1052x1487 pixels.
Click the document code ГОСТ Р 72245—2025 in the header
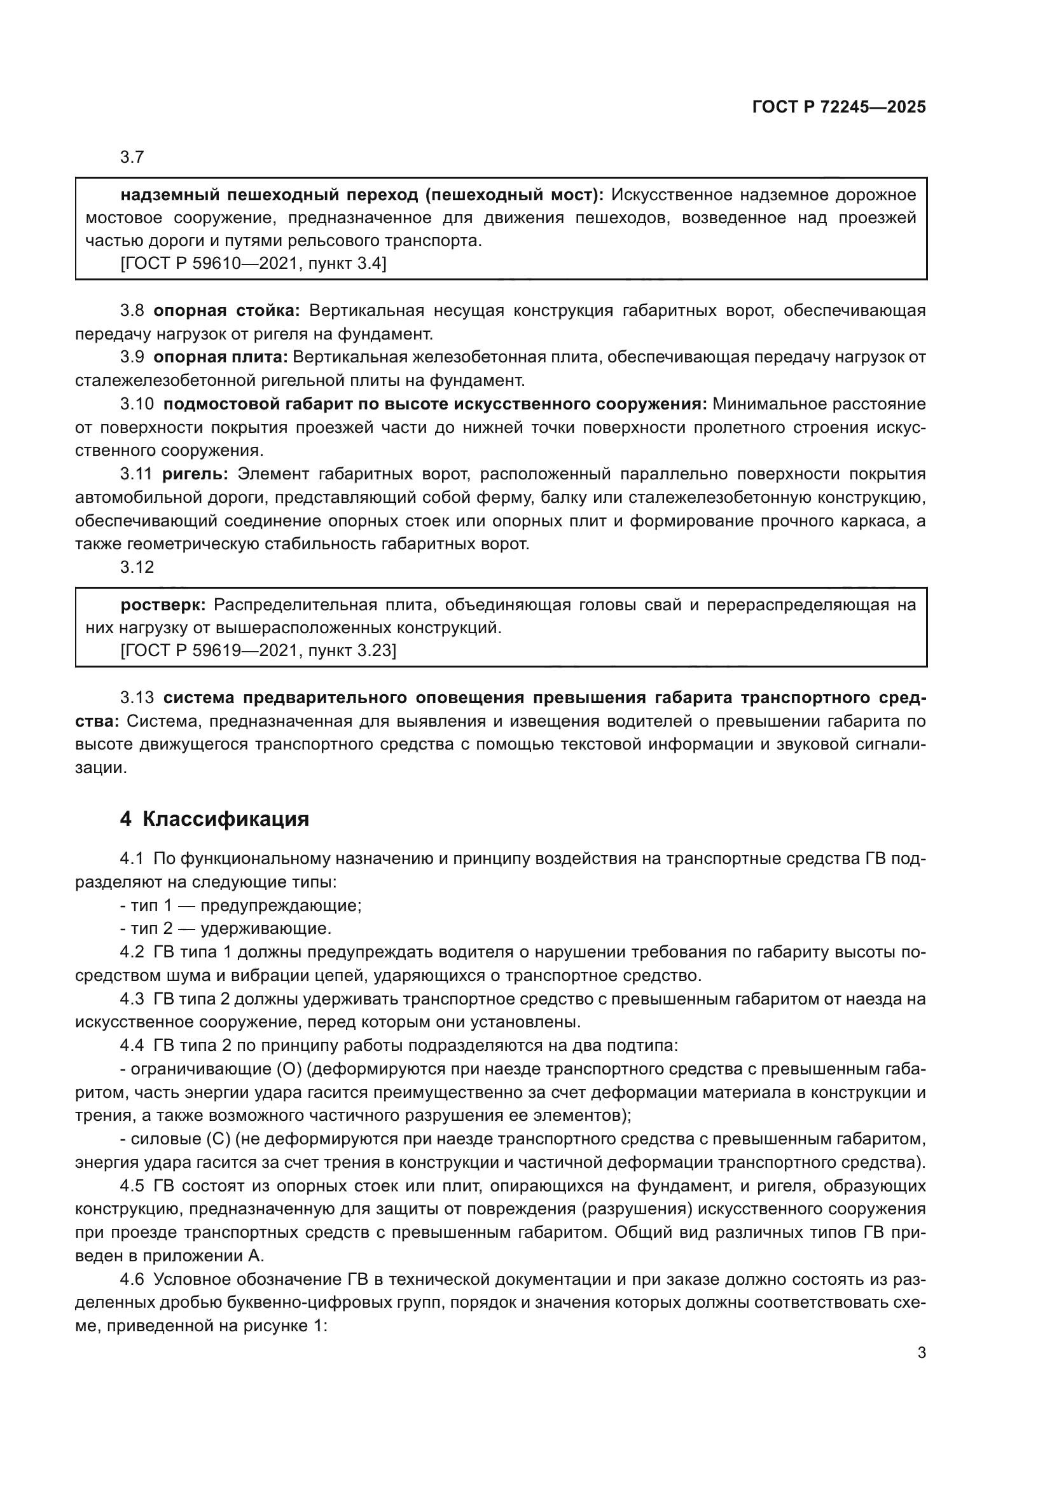[x=839, y=107]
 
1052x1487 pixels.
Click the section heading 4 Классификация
[x=214, y=819]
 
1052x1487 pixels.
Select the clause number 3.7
[x=132, y=158]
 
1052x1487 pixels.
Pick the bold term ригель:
[x=195, y=474]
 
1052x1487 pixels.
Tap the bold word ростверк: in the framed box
[x=163, y=605]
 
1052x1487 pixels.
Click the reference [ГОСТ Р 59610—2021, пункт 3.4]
[x=253, y=264]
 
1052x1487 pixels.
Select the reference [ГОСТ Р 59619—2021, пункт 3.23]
[x=258, y=650]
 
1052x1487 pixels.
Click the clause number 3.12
[x=137, y=567]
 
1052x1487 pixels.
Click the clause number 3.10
[x=137, y=404]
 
